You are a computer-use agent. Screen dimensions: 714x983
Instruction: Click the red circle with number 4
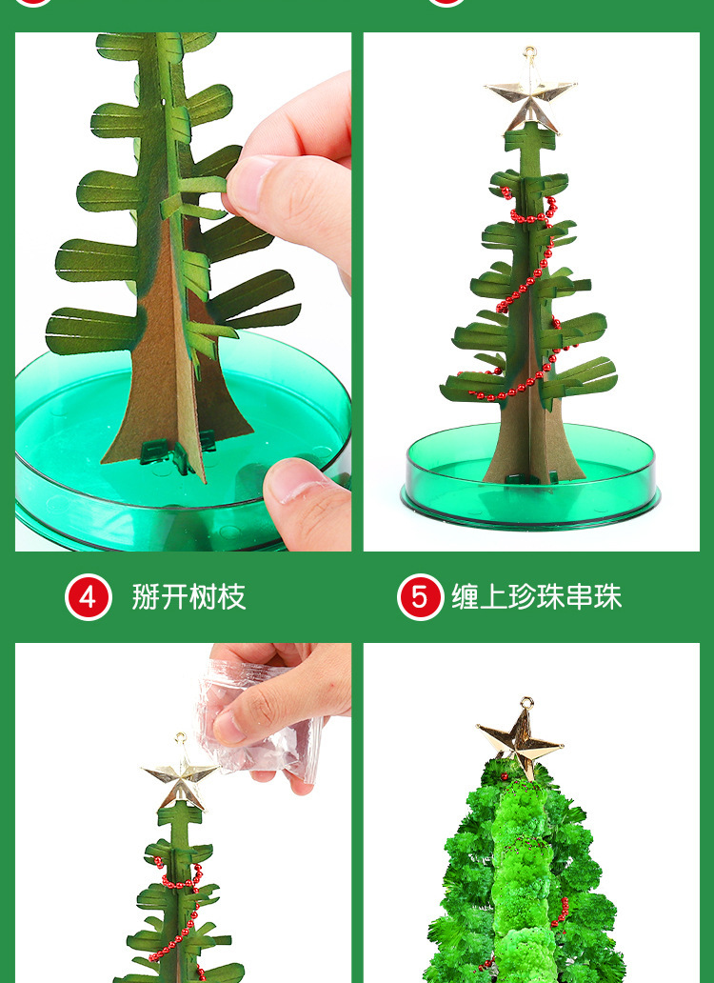(x=89, y=597)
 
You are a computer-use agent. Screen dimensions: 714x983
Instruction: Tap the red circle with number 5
(x=420, y=597)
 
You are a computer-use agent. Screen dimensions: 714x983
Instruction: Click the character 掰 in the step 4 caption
(x=146, y=597)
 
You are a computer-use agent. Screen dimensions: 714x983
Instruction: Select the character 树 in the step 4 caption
(x=203, y=597)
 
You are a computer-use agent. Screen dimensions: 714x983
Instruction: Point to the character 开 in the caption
(x=175, y=597)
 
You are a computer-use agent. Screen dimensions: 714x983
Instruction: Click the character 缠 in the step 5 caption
(x=466, y=597)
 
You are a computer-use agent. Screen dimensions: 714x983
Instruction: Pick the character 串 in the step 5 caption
(x=580, y=597)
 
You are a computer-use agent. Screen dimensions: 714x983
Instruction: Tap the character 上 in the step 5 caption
(x=494, y=597)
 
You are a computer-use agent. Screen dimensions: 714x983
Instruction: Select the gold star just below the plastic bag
(x=180, y=780)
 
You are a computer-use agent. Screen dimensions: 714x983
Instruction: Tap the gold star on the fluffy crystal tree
(x=521, y=746)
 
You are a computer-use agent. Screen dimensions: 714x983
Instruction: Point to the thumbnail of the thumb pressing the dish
(x=293, y=483)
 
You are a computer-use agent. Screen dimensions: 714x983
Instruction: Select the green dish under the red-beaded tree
(x=530, y=476)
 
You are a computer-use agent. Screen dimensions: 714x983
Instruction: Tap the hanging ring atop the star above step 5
(x=530, y=53)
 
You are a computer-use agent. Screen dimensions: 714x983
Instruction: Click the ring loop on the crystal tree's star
(x=526, y=703)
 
